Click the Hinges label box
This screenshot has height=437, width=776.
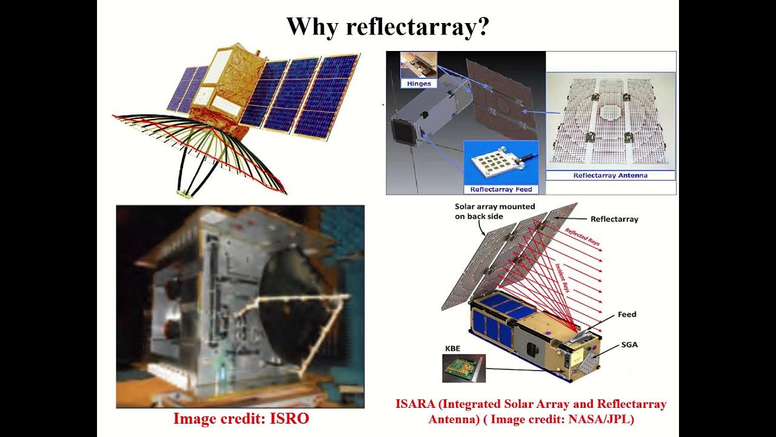click(x=419, y=84)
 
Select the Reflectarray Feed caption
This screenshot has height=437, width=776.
click(x=501, y=189)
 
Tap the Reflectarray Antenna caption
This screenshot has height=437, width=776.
click(x=610, y=175)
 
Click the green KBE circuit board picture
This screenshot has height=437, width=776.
click(x=464, y=368)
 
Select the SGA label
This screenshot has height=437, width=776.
click(x=629, y=345)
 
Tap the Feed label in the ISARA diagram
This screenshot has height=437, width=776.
click(x=627, y=314)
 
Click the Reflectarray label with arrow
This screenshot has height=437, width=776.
click(x=614, y=219)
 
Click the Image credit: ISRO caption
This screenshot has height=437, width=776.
click(x=241, y=418)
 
